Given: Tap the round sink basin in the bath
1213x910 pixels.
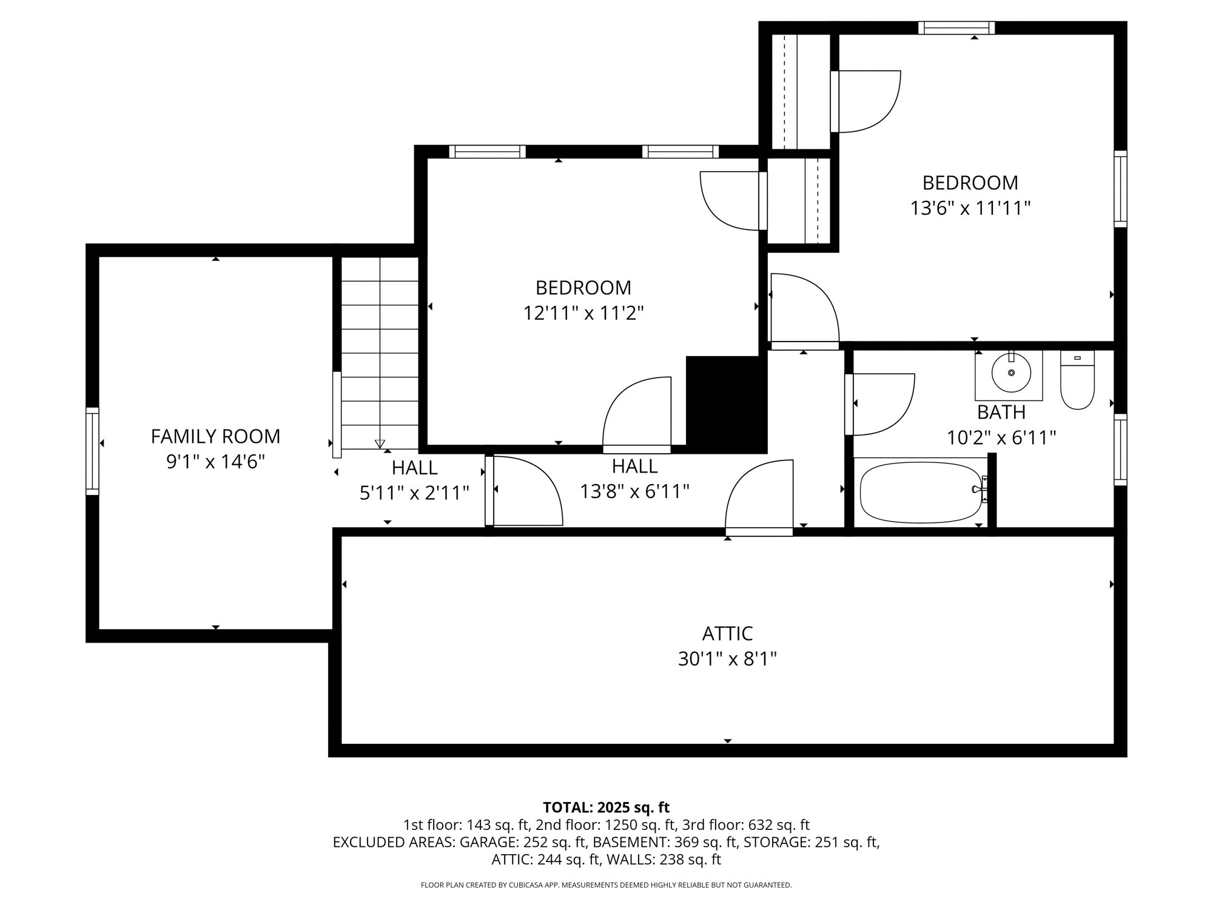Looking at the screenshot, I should click(x=1011, y=372).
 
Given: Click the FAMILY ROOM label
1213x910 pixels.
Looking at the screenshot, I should click(x=215, y=436).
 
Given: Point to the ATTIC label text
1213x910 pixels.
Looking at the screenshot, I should click(x=727, y=633).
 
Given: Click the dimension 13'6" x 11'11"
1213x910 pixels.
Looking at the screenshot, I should click(x=970, y=209).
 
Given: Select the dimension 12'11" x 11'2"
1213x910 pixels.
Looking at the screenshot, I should click(x=583, y=314).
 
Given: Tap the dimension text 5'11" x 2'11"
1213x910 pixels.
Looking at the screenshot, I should click(x=414, y=493).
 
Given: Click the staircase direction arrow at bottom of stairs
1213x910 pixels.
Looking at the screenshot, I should click(x=380, y=443).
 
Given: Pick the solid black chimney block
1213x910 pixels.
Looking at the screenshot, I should click(x=726, y=403).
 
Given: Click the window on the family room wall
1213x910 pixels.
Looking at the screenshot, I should click(x=92, y=451).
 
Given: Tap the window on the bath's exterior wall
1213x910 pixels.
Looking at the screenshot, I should click(x=1120, y=450).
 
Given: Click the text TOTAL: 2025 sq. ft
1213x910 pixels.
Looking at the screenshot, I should click(x=606, y=807).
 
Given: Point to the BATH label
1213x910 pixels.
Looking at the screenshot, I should click(x=1001, y=413).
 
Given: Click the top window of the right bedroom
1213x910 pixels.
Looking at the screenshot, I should click(x=956, y=28).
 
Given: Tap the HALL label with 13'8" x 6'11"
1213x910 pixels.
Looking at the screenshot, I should click(x=634, y=466).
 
